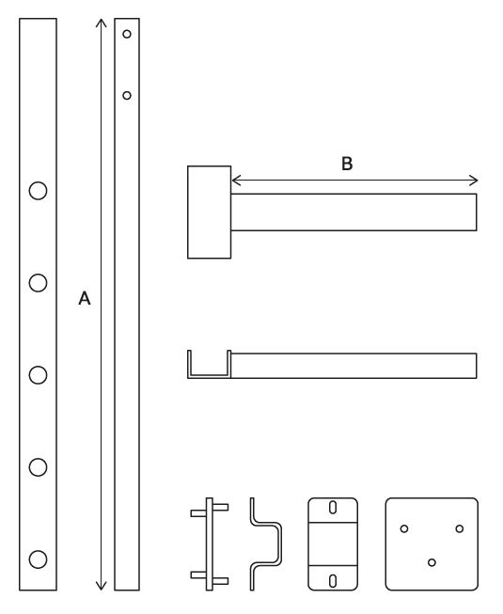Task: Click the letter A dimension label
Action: pos(84,299)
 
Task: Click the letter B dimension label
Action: pos(347,164)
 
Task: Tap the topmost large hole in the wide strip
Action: pos(38,190)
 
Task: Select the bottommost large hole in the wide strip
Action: pos(38,559)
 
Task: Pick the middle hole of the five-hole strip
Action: pos(38,374)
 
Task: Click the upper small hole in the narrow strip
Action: pos(127,33)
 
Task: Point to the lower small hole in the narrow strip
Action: pos(127,94)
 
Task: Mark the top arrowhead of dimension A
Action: pos(102,21)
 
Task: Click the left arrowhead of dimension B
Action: pos(234,181)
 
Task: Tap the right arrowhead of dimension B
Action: pos(475,181)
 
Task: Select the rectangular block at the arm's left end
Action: pos(210,212)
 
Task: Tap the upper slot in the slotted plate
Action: pos(333,508)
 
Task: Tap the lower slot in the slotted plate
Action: pos(333,579)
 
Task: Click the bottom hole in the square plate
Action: pos(432,562)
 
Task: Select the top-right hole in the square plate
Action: pos(459,528)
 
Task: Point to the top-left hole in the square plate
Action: pos(404,528)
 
